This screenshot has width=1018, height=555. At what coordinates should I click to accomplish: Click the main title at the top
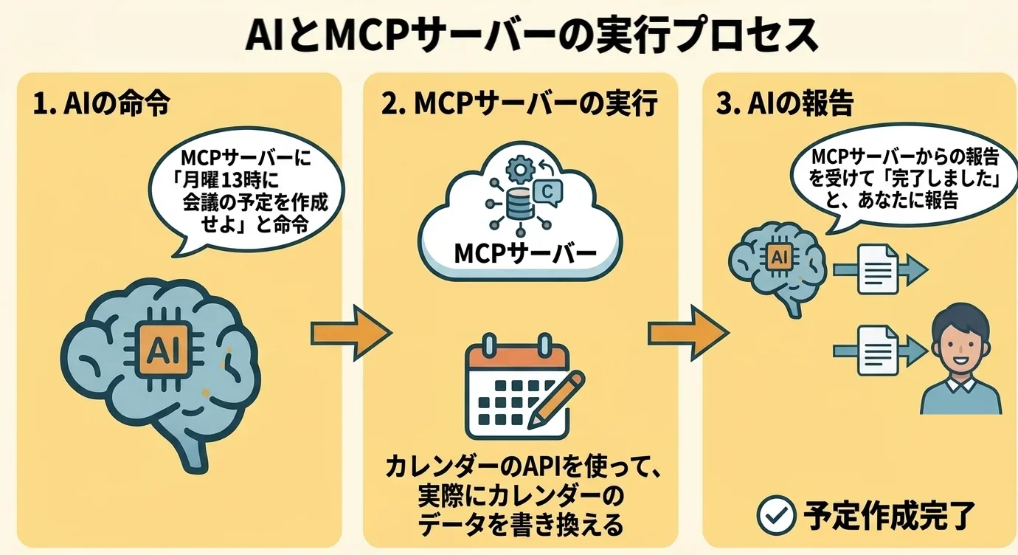pyautogui.click(x=508, y=35)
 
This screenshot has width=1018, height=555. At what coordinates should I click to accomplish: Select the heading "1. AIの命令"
pyautogui.click(x=102, y=104)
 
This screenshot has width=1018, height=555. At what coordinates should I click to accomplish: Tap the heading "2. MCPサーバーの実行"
pyautogui.click(x=519, y=104)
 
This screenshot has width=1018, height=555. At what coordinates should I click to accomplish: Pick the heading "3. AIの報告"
pyautogui.click(x=785, y=104)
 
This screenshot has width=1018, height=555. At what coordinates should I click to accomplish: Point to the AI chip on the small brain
pyautogui.click(x=778, y=257)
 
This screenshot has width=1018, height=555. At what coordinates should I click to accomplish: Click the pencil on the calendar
pyautogui.click(x=557, y=399)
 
